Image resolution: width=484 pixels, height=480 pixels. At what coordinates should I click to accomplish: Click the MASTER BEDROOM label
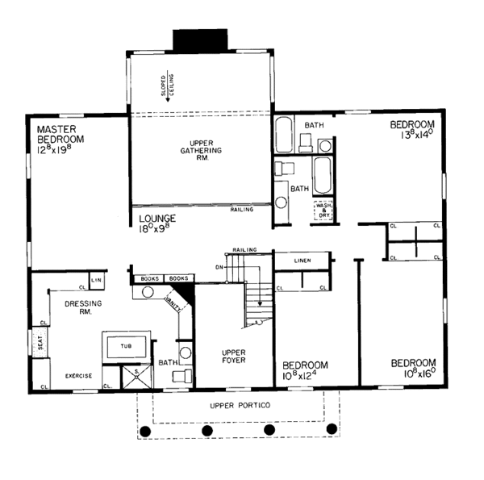[60, 133]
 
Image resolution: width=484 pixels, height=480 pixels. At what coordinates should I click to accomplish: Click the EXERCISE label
[78, 376]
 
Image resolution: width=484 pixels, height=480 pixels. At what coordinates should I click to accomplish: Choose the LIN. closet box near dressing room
[97, 280]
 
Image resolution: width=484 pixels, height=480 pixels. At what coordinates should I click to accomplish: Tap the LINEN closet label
[302, 260]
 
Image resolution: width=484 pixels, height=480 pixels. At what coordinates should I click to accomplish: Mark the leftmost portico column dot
[146, 430]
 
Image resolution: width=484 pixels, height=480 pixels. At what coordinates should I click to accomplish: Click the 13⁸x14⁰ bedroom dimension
[412, 136]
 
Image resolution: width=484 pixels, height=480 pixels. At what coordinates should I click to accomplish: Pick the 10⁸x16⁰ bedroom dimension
[413, 374]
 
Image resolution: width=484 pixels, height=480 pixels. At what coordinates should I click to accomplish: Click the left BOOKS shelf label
[149, 278]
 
